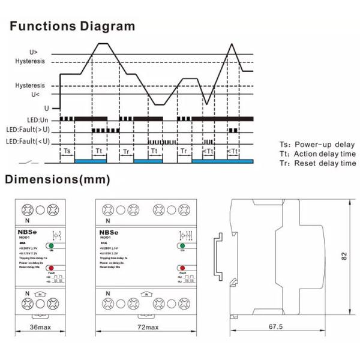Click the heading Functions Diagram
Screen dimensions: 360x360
pyautogui.click(x=72, y=26)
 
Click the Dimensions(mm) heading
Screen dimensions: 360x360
pyautogui.click(x=58, y=179)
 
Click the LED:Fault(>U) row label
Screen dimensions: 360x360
pyautogui.click(x=28, y=130)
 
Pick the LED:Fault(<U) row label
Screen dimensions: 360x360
pyautogui.click(x=28, y=142)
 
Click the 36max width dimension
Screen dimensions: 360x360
pyautogui.click(x=41, y=328)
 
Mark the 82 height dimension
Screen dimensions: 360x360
pyautogui.click(x=344, y=256)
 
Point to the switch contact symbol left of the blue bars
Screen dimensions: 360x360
pyautogui.click(x=30, y=161)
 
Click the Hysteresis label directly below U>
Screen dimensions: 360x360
pyautogui.click(x=30, y=61)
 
